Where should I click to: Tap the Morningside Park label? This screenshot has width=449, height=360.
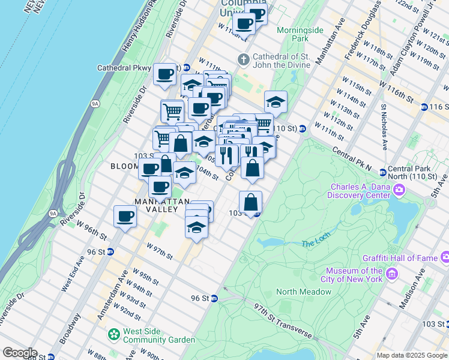(300, 34)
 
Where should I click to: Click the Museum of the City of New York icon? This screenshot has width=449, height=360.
(393, 274)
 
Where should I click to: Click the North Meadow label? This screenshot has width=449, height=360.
(304, 292)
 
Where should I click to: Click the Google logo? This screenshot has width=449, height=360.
(20, 353)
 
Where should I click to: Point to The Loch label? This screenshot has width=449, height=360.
(316, 243)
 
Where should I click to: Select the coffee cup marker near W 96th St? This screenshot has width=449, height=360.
(125, 215)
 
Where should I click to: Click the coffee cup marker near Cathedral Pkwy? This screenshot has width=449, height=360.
(164, 74)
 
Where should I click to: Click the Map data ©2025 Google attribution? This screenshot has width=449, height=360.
(412, 355)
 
